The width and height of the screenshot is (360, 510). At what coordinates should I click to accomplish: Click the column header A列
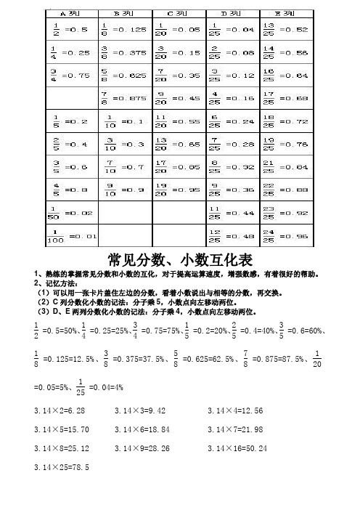point(72,13)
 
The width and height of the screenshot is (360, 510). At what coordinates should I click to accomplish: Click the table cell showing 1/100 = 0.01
point(72,235)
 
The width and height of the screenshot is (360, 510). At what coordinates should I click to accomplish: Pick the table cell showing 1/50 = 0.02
point(72,213)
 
